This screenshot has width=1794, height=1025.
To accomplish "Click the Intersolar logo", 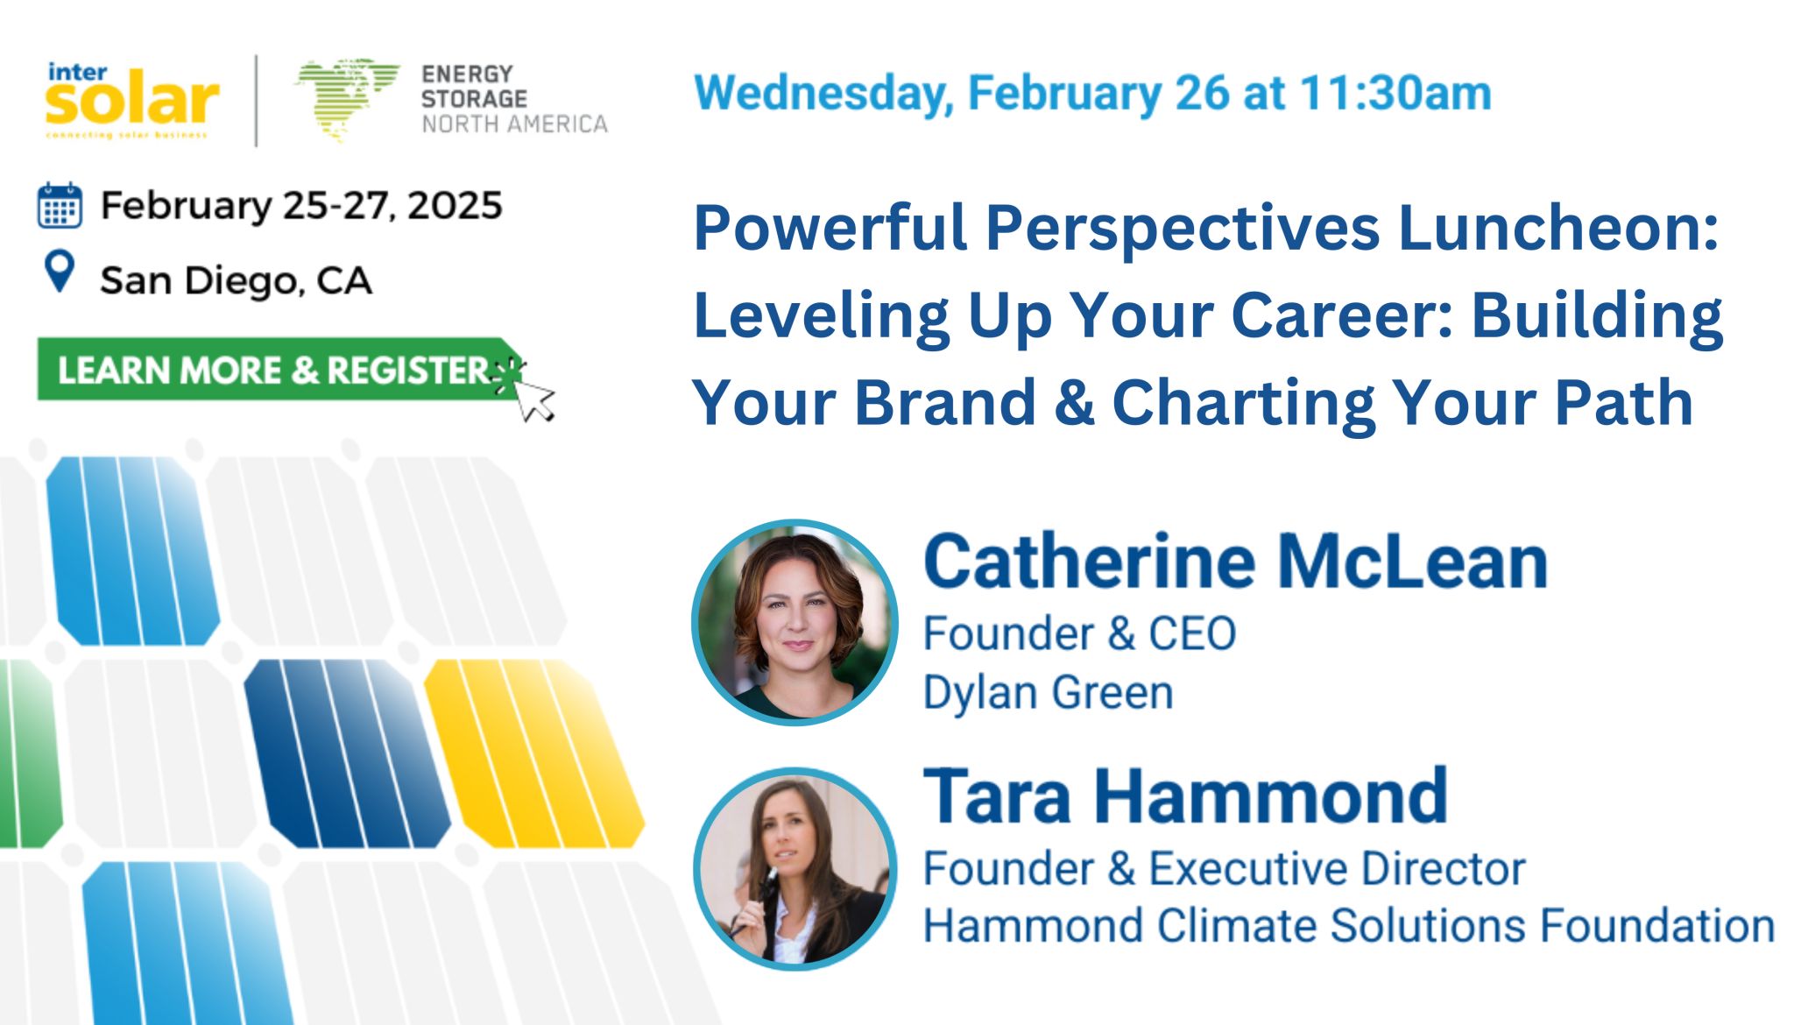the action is click(x=131, y=99).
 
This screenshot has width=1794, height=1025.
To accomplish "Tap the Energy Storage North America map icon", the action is click(x=347, y=99).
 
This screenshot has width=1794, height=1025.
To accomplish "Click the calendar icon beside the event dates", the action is click(x=60, y=206).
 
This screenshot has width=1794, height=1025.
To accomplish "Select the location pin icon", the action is click(x=60, y=272).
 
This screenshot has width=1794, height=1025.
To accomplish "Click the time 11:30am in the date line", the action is click(x=1395, y=93).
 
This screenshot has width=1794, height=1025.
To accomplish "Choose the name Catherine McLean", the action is click(x=1236, y=562).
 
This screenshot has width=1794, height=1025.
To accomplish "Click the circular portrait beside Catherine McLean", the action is click(x=795, y=622).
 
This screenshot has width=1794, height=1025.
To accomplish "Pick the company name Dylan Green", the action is click(x=1049, y=692).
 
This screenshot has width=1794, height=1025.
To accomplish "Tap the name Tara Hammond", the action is click(x=1185, y=796).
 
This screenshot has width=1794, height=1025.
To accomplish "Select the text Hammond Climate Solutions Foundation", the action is click(x=1349, y=926).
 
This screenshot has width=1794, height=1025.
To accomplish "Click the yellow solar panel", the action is click(x=534, y=753).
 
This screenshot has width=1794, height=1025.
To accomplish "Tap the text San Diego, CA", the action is click(x=236, y=281).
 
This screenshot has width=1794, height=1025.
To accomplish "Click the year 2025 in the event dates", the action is click(x=455, y=206).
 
